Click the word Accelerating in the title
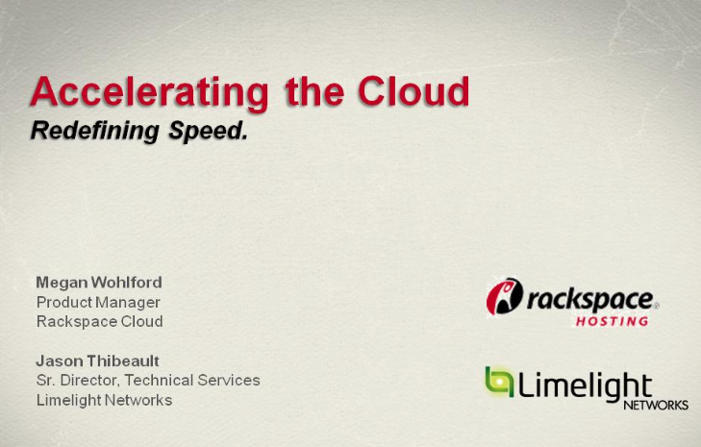tap(149, 93)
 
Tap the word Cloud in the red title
tap(413, 91)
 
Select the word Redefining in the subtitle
tap(95, 132)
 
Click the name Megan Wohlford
tap(99, 283)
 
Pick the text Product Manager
tap(98, 303)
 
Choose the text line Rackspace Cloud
tap(100, 321)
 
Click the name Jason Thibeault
tap(97, 360)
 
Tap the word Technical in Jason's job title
tap(159, 380)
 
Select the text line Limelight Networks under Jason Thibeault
tap(104, 400)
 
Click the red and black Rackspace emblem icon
tap(504, 296)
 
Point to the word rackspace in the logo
tap(589, 300)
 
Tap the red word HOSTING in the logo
tap(612, 321)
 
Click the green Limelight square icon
tap(499, 382)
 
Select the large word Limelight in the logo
tap(585, 385)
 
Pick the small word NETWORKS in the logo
tap(656, 405)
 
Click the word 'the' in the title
tap(314, 91)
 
